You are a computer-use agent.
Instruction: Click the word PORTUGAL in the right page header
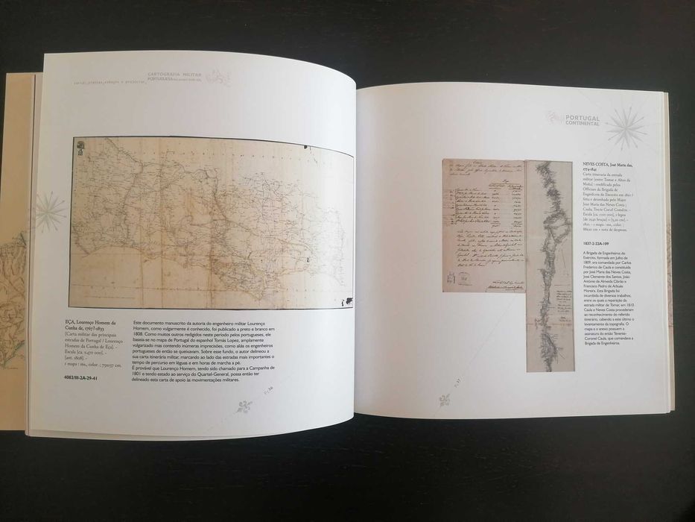pos(583,116)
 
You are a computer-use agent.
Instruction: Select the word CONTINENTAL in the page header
pos(583,124)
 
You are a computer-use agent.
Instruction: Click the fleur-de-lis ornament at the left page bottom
pos(244,406)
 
